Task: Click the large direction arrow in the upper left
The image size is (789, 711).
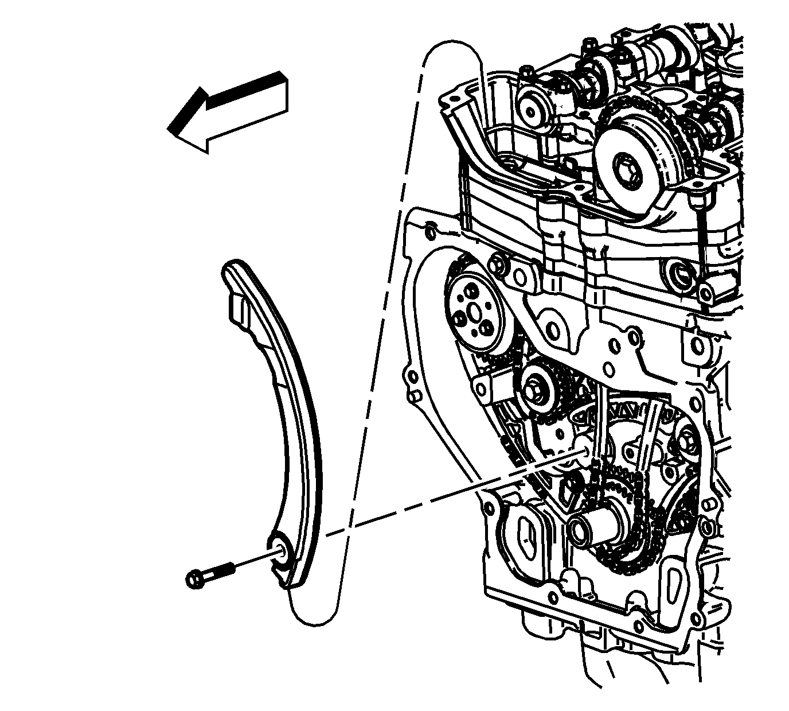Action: tap(229, 112)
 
